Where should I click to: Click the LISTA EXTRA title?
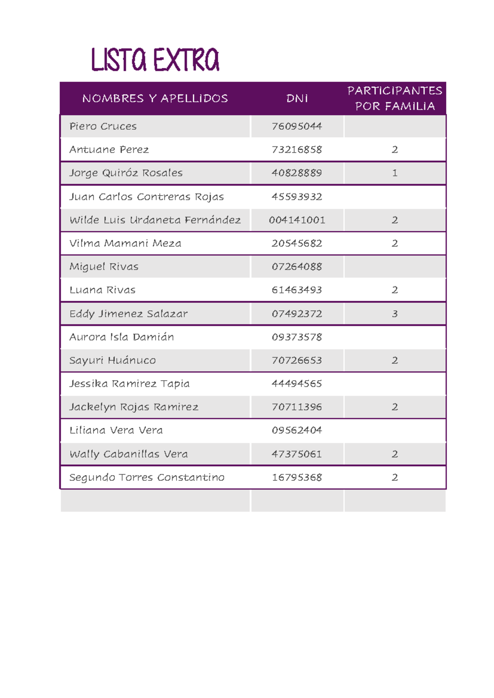[155, 60]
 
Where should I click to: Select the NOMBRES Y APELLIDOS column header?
[155, 98]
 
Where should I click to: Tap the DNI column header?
[297, 98]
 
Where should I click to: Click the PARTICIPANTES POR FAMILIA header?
[395, 98]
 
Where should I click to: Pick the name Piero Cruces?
[103, 126]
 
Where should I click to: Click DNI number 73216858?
[297, 150]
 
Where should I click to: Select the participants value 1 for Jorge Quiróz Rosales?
[395, 173]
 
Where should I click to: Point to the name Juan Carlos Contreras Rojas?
[147, 197]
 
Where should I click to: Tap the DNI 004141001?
[297, 220]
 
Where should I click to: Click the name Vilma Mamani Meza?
[125, 244]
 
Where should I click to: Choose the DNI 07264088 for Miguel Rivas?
[297, 267]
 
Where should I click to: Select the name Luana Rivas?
[103, 290]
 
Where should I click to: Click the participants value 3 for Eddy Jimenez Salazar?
[395, 314]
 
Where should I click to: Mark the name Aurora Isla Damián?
[121, 337]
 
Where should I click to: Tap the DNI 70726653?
[297, 361]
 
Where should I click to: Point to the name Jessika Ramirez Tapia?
[129, 384]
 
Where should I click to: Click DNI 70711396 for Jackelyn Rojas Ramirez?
[297, 407]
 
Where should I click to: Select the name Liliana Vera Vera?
[116, 430]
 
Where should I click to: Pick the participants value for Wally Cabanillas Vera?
[395, 454]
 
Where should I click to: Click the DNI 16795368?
[297, 477]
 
